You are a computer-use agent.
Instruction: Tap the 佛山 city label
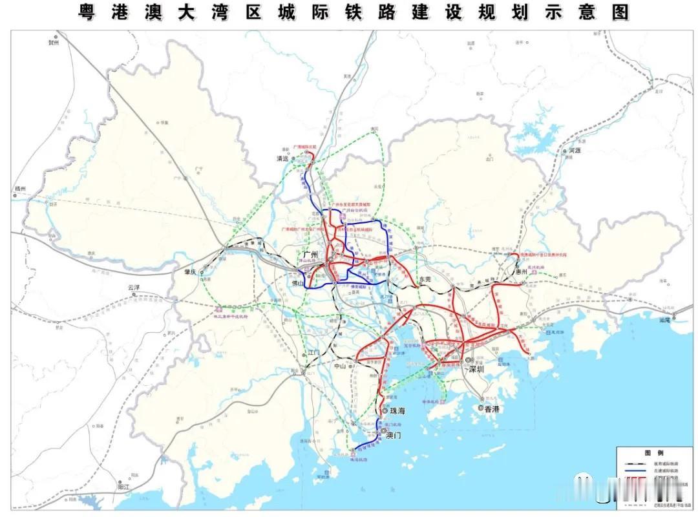pos(297,283)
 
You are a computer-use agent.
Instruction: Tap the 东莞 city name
pos(424,279)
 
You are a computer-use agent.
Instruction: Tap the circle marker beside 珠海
pos(385,410)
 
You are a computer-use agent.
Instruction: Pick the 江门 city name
pos(313,352)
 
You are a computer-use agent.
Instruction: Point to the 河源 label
pos(575,150)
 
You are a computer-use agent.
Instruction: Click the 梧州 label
pos(21,189)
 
